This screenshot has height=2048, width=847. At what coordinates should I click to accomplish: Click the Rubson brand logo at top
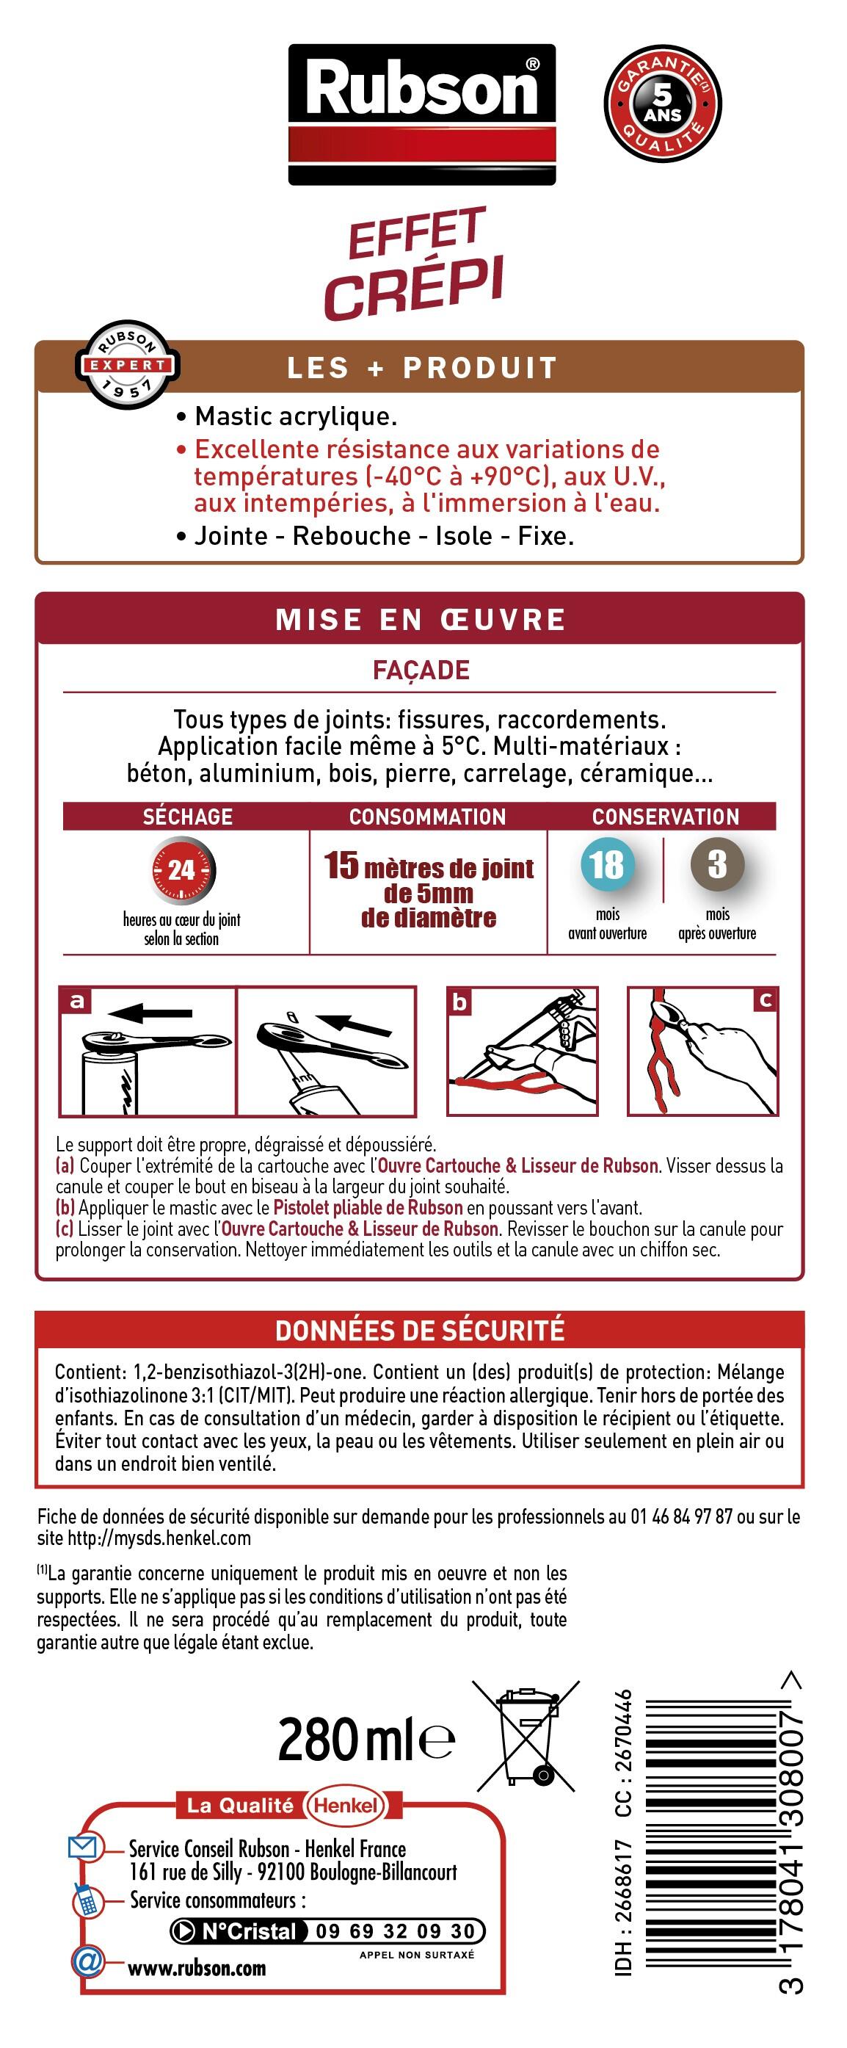coord(422,114)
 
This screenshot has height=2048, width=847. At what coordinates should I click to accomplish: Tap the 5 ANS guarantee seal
coord(663,104)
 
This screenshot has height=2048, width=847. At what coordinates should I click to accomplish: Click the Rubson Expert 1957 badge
coord(127,365)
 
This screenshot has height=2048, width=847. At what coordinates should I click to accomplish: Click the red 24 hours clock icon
coord(182,869)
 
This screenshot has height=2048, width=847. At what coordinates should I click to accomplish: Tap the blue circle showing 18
coord(607,865)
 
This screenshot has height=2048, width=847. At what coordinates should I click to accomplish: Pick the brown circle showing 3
coord(716,864)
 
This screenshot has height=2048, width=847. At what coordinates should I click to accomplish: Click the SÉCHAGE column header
coord(187,817)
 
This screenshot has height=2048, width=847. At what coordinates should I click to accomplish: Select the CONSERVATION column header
coord(665,817)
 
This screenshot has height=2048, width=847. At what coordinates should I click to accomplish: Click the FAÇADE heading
coord(421,670)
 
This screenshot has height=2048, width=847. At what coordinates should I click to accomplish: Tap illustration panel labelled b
coord(522,1051)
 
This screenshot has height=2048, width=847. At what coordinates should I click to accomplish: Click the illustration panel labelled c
coord(702,1051)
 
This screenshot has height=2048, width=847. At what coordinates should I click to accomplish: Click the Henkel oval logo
coord(346,1806)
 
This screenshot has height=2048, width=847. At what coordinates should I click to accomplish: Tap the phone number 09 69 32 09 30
coord(395,1931)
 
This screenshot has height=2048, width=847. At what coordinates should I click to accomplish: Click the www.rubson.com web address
coord(197,1969)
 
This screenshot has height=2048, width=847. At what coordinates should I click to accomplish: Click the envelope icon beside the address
coord(84,1846)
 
